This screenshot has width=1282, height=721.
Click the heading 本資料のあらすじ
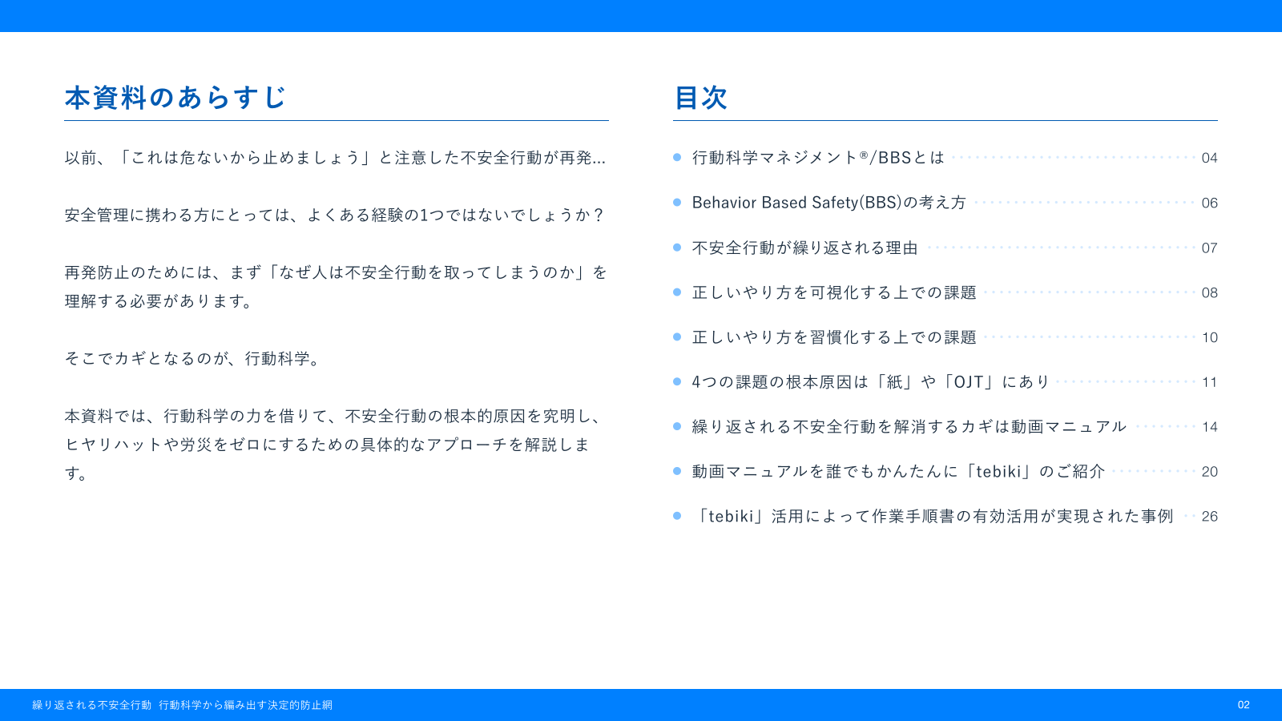[x=175, y=98]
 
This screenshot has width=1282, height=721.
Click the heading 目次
[x=700, y=98]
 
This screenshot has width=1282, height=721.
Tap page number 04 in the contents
[x=1209, y=158]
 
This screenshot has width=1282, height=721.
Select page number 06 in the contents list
[x=1209, y=203]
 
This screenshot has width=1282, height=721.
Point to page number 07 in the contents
[x=1209, y=248]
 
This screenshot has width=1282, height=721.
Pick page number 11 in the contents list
[x=1209, y=382]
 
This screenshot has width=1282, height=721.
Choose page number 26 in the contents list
[x=1209, y=517]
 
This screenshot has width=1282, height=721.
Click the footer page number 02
[x=1244, y=705]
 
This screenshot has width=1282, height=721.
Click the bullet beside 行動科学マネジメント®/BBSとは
[x=677, y=158]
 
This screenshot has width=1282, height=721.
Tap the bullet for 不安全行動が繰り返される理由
[x=677, y=248]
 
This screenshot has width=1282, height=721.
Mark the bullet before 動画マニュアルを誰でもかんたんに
[x=677, y=471]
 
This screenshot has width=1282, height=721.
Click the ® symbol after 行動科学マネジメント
[x=863, y=155]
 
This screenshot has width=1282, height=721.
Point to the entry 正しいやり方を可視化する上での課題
[x=834, y=292]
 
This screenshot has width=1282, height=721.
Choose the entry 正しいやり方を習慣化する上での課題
[x=834, y=337]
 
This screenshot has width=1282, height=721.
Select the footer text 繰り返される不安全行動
[x=91, y=705]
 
